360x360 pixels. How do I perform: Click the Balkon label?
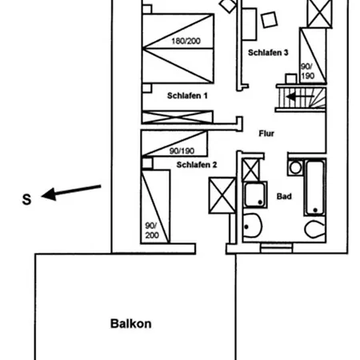(x=131, y=324)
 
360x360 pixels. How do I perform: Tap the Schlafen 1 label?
(x=187, y=96)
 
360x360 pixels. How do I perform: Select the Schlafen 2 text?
(x=197, y=165)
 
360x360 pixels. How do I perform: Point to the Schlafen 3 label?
(x=268, y=53)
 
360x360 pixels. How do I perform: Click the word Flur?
(x=266, y=134)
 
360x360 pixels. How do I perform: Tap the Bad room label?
(x=284, y=197)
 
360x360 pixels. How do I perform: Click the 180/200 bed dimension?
(x=186, y=41)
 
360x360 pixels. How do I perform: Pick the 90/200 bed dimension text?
(x=152, y=230)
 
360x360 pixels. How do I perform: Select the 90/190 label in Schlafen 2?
(x=182, y=151)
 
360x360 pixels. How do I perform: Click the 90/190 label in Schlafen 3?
(x=308, y=71)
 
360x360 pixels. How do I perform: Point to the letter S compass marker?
(x=26, y=199)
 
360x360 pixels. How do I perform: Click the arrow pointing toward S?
(x=71, y=191)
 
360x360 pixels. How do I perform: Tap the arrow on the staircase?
(x=300, y=97)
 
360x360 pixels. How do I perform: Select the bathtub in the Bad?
(x=315, y=187)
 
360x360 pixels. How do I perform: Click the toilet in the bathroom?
(x=315, y=229)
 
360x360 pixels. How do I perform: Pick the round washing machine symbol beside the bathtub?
(x=295, y=168)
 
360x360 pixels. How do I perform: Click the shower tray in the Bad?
(x=255, y=194)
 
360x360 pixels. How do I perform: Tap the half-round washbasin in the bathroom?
(x=252, y=226)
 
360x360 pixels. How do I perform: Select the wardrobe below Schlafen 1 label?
(x=178, y=117)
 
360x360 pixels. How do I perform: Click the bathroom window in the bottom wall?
(x=277, y=248)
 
